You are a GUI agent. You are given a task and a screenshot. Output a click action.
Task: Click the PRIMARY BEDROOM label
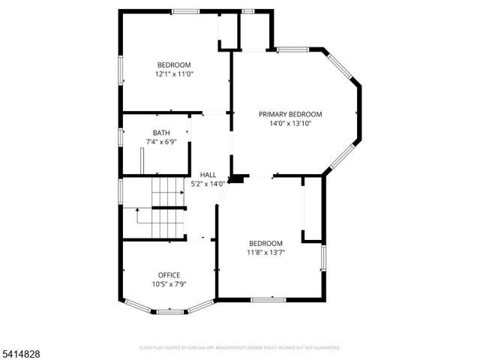pyautogui.click(x=290, y=115)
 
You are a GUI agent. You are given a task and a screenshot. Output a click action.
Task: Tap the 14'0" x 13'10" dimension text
pyautogui.click(x=290, y=124)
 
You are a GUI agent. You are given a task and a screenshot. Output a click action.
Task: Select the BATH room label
pyautogui.click(x=161, y=133)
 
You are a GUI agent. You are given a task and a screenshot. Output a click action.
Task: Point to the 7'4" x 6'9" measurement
pyautogui.click(x=161, y=142)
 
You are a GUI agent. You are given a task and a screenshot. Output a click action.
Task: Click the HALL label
pyautogui.click(x=208, y=175)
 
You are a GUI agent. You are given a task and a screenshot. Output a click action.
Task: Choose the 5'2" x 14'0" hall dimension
pyautogui.click(x=208, y=184)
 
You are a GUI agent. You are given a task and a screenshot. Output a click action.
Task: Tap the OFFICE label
pyautogui.click(x=169, y=275)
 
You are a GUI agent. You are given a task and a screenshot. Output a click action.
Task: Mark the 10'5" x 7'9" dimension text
pyautogui.click(x=169, y=284)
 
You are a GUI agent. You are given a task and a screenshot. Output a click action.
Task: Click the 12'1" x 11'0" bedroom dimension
pyautogui.click(x=174, y=74)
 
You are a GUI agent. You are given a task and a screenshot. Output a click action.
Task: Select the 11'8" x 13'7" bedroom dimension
pyautogui.click(x=266, y=252)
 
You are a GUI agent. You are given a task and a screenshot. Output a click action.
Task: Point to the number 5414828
pyautogui.click(x=22, y=351)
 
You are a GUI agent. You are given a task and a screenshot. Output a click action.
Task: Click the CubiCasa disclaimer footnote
pyautogui.click(x=240, y=348)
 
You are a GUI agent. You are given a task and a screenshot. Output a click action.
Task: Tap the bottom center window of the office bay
pyautogui.click(x=170, y=311)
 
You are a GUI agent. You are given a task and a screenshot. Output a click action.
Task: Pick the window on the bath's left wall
pyautogui.click(x=120, y=138)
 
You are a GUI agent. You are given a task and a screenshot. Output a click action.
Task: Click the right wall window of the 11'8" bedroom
pyautogui.click(x=324, y=257)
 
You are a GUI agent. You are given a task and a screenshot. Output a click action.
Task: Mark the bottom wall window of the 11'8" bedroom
pyautogui.click(x=268, y=300)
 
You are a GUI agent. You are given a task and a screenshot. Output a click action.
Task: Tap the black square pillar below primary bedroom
pyautogui.click(x=238, y=179)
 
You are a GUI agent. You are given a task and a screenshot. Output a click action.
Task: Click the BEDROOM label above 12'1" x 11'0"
pyautogui.click(x=174, y=64)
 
